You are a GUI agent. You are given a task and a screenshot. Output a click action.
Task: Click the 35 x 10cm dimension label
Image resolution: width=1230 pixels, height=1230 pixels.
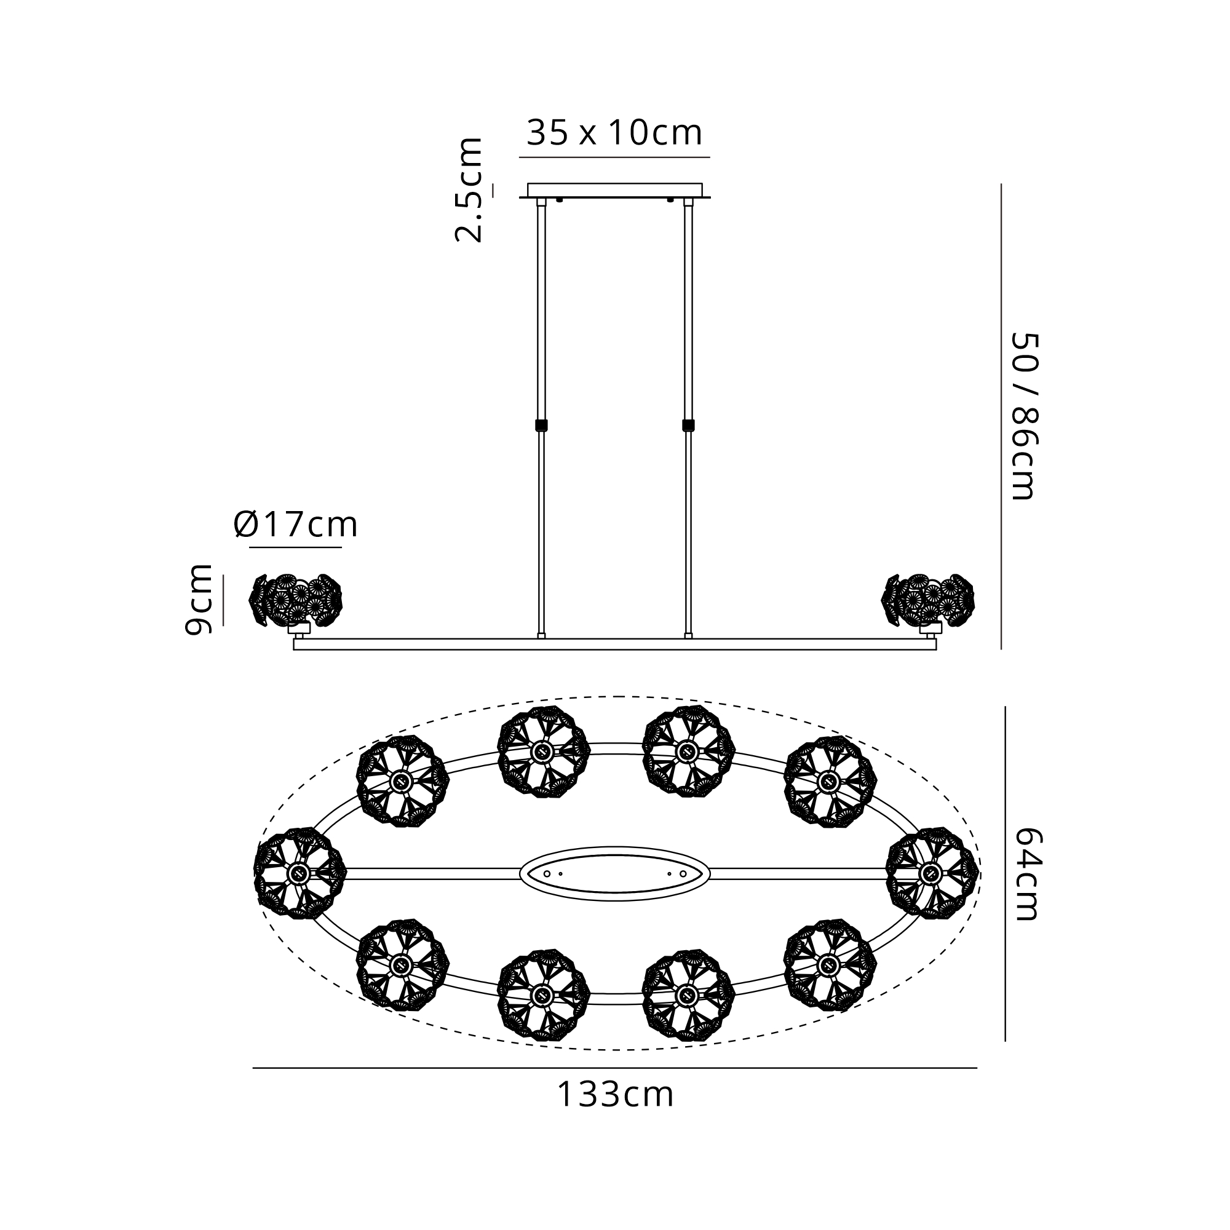614,132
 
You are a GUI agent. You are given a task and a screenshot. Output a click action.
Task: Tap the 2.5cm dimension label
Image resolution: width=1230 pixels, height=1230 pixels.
469,189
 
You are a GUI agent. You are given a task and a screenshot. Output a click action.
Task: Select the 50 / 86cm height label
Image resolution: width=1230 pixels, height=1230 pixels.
1025,416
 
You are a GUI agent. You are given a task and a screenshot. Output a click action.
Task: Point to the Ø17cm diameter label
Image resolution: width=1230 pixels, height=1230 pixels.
295,525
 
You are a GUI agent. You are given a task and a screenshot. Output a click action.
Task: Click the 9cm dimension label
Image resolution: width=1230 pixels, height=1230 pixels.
198,600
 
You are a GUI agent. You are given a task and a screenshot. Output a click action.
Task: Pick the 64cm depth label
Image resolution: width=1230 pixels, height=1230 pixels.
1026,873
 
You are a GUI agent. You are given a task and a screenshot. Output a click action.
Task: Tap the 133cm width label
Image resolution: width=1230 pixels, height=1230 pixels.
615,1095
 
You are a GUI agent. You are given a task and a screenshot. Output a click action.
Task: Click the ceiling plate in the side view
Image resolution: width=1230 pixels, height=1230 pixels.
614,191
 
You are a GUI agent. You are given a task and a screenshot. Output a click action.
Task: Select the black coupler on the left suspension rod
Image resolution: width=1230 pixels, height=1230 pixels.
541,426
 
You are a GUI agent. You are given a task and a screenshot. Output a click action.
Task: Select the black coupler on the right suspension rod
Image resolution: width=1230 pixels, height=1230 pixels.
688,426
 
